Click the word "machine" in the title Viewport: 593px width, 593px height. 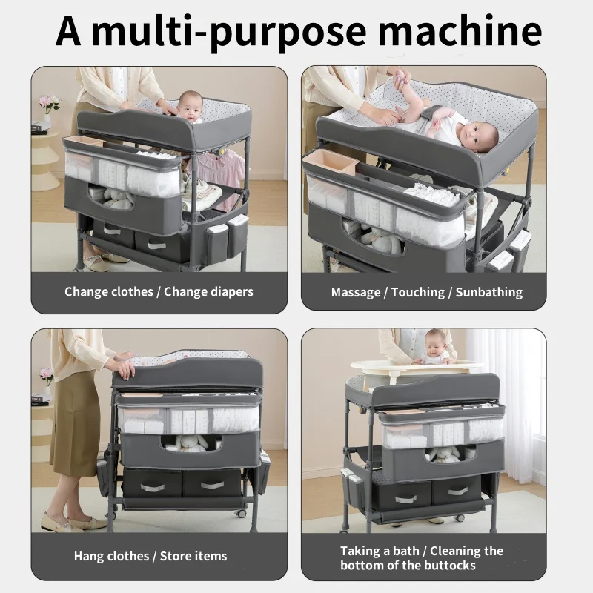(x=460, y=31)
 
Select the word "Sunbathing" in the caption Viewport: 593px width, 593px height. (x=489, y=292)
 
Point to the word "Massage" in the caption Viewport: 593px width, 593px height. (x=356, y=293)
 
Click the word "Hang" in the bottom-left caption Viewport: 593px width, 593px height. (x=87, y=557)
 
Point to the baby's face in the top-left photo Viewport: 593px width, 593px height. (x=191, y=107)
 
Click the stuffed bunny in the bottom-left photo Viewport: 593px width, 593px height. (x=191, y=444)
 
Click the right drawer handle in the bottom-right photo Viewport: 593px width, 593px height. (x=458, y=491)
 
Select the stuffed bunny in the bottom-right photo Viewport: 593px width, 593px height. (x=443, y=454)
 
